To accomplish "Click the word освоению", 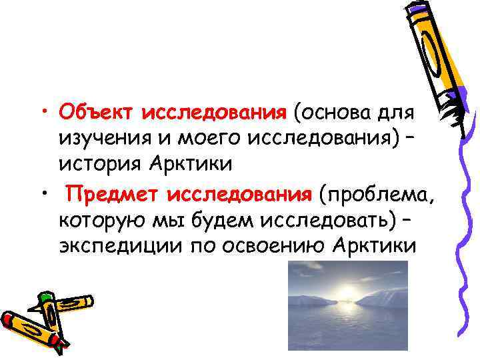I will coord(265,245).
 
